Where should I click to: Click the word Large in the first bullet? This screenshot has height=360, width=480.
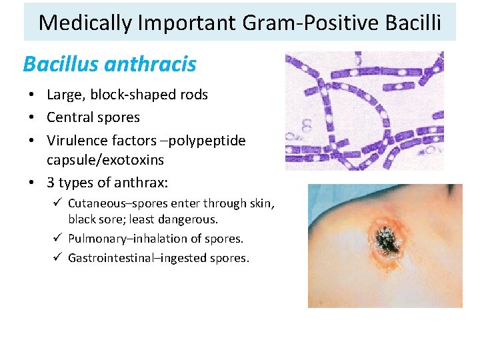(x=64, y=95)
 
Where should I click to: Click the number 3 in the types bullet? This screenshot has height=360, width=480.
(x=51, y=183)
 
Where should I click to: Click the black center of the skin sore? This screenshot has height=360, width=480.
(x=385, y=238)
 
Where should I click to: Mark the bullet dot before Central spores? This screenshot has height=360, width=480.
(x=33, y=118)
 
